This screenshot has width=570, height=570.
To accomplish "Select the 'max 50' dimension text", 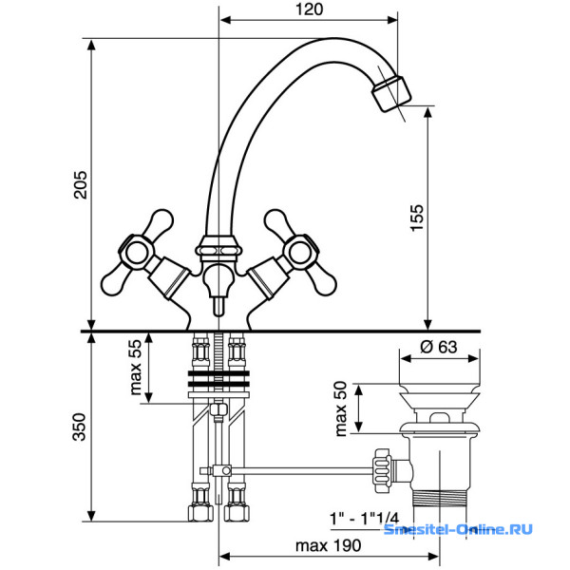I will click(341, 408).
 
